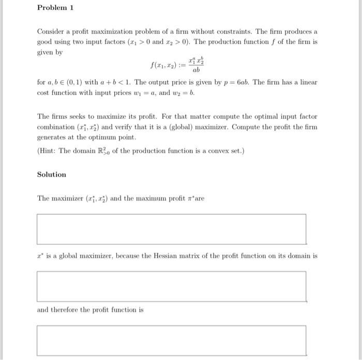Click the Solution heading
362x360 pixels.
pos(52,175)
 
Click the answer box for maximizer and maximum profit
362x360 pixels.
pos(171,229)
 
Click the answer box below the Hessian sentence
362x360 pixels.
pos(171,286)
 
